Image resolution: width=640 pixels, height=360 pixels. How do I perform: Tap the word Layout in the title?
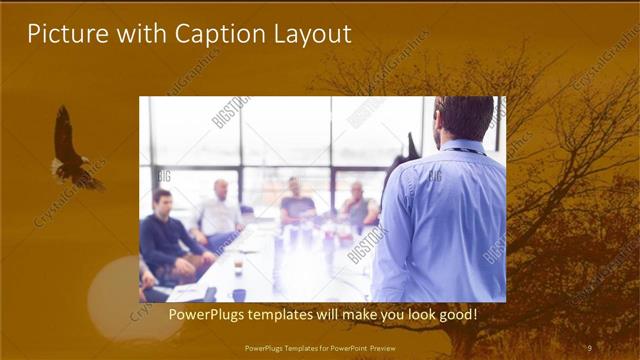coord(309,34)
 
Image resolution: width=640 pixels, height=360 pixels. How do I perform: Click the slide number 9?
coord(590,347)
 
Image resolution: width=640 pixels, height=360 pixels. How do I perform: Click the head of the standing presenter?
coord(462,118)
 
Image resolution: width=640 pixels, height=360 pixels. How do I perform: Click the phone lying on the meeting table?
coord(209,294)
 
